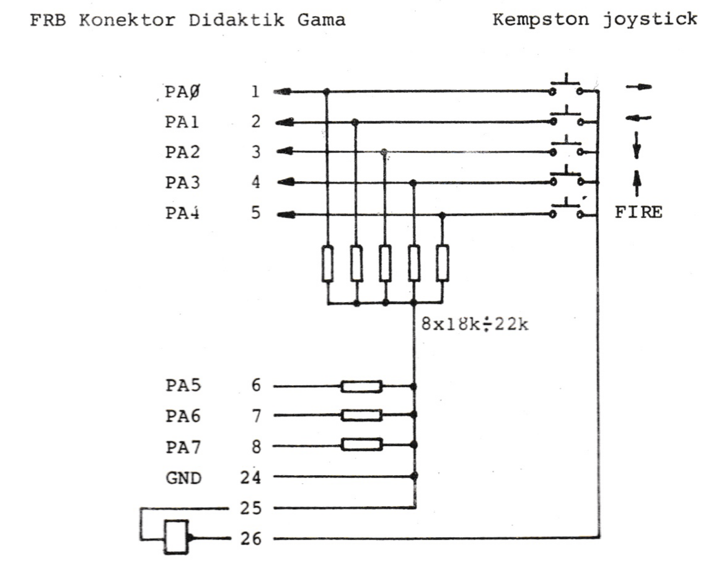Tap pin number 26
pyautogui.click(x=252, y=538)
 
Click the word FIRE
pyautogui.click(x=638, y=213)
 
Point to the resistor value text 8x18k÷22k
pyautogui.click(x=475, y=324)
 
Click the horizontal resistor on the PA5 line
pyautogui.click(x=361, y=386)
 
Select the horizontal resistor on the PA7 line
pyautogui.click(x=361, y=445)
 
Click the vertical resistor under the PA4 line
pyautogui.click(x=442, y=263)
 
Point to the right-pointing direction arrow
pyautogui.click(x=639, y=87)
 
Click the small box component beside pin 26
pyautogui.click(x=176, y=537)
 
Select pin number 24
pyautogui.click(x=251, y=478)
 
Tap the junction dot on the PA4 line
pyautogui.click(x=442, y=215)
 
